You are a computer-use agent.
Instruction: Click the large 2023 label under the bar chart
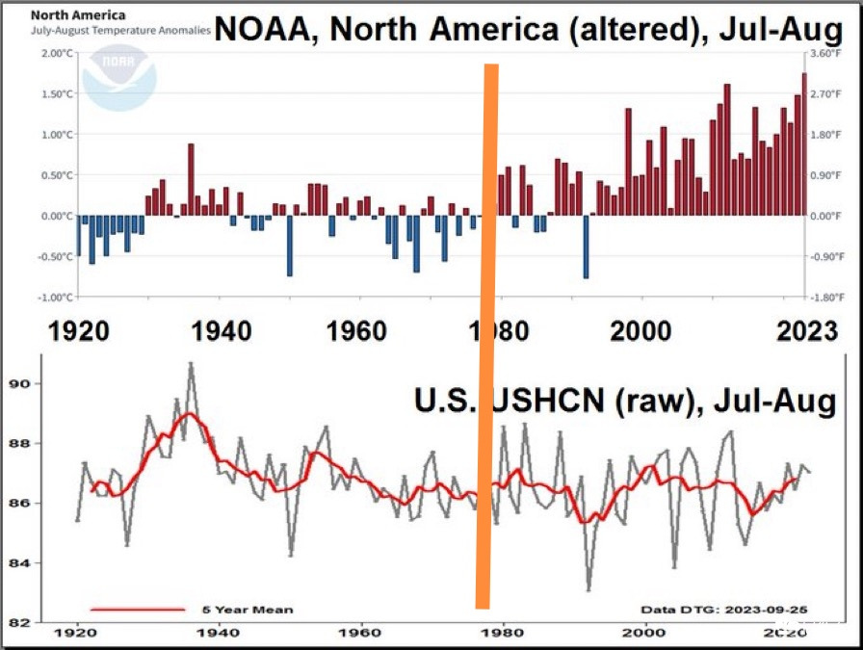pos(808,332)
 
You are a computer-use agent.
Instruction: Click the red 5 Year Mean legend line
pos(137,609)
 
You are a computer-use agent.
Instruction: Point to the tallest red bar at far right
pos(804,144)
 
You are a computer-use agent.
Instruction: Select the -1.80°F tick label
pos(825,297)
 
